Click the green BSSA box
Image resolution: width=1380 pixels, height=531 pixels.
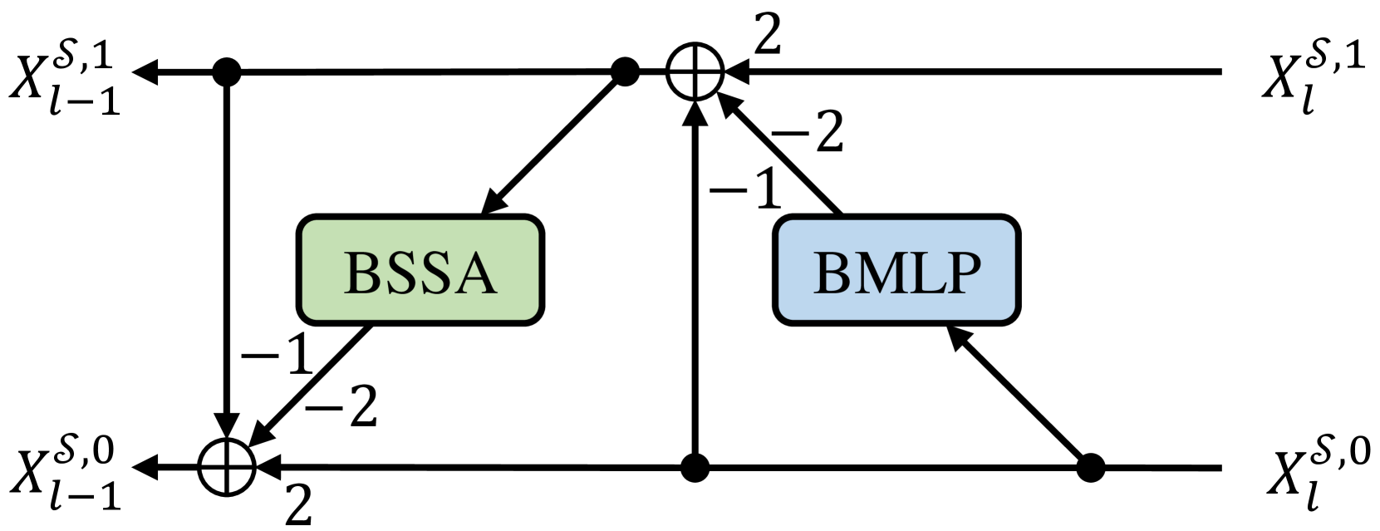[x=420, y=271]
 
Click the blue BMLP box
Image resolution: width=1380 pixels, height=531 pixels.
[x=896, y=271]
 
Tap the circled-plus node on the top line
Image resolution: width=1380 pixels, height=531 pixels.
[x=695, y=72]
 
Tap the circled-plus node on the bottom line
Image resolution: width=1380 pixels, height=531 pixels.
[x=227, y=467]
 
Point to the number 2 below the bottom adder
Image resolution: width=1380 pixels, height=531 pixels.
[x=299, y=504]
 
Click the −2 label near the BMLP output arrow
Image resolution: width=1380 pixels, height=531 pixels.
[x=807, y=131]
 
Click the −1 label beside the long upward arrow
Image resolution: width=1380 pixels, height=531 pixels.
[x=745, y=189]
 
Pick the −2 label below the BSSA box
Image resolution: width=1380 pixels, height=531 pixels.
[x=341, y=406]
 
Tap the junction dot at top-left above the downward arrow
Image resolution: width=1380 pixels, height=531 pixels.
[x=226, y=72]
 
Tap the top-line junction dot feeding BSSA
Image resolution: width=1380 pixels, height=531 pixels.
[x=625, y=72]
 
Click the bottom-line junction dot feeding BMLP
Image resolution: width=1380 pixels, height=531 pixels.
[x=1091, y=468]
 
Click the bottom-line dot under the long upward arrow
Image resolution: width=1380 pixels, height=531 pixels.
[x=695, y=468]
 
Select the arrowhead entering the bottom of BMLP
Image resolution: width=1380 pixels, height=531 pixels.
[x=960, y=337]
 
